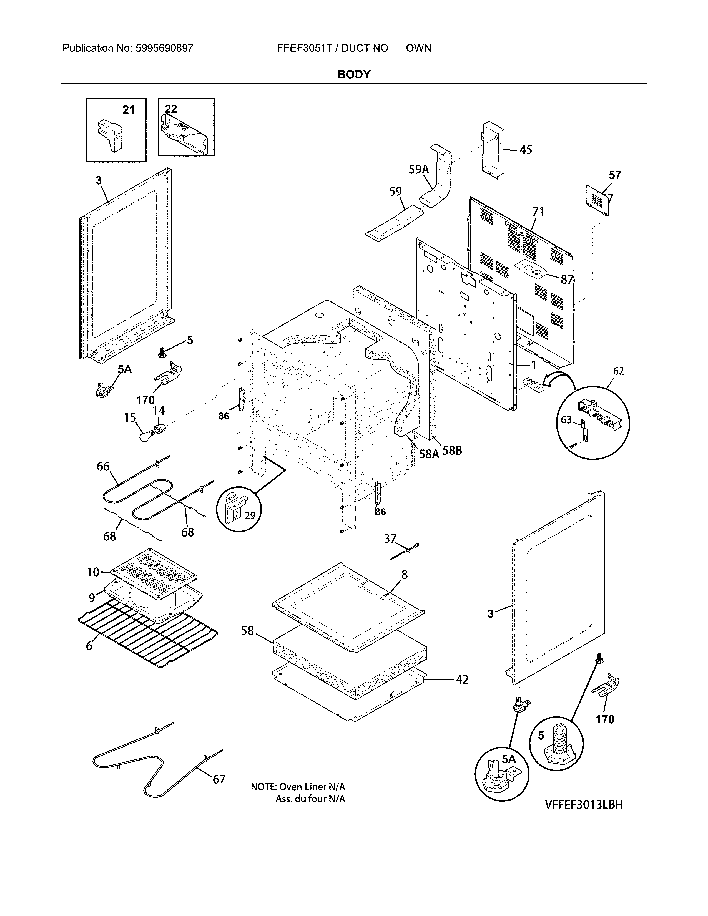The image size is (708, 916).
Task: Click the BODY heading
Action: tap(353, 75)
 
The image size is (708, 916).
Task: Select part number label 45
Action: tap(526, 150)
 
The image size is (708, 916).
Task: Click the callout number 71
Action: tap(538, 212)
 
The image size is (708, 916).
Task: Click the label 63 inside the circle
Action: tap(566, 419)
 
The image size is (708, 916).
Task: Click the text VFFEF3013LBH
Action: tap(584, 804)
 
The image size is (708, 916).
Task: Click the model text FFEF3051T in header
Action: tap(305, 48)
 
